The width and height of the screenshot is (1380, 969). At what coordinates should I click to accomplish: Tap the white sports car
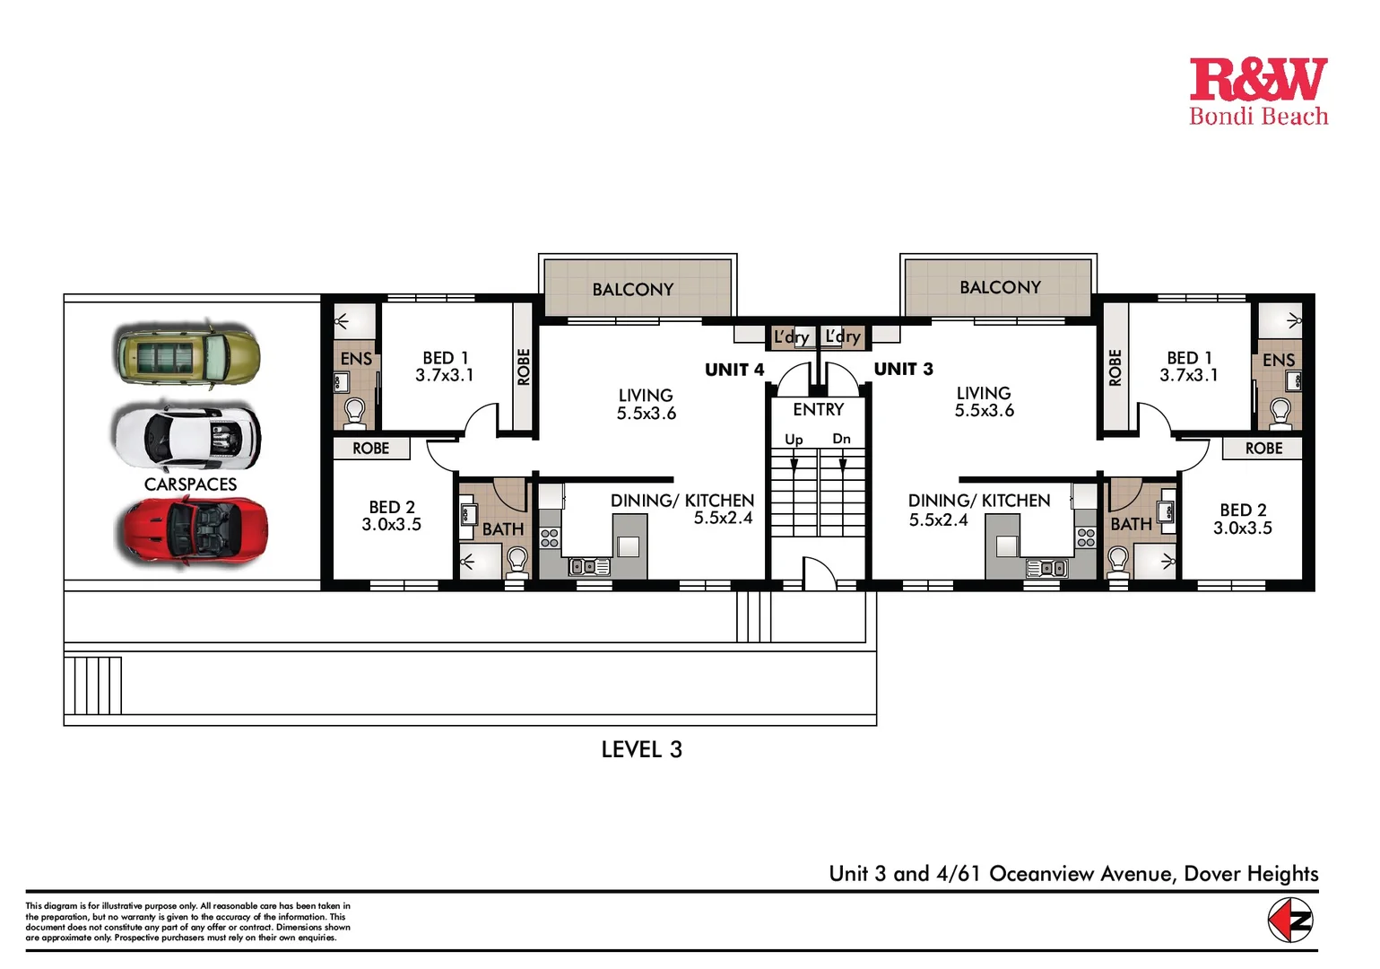187,437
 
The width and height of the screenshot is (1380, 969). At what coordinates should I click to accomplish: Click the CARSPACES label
190,484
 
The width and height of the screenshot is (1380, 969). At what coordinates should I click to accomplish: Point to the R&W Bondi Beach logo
1257,92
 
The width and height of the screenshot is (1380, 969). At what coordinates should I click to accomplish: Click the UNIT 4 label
734,370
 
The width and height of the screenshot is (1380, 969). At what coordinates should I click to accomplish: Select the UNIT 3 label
903,369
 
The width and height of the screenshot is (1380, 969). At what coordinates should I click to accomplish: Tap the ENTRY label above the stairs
818,409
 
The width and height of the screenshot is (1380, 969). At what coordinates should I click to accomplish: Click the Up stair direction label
794,440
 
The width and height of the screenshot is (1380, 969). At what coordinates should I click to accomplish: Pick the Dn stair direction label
841,439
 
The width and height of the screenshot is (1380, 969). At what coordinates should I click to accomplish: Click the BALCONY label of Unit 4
632,290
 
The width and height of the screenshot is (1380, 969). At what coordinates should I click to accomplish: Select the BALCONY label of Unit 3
1000,287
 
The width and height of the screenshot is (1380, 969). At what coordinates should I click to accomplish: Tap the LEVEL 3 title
641,749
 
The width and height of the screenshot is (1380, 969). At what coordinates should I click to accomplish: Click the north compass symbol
1290,921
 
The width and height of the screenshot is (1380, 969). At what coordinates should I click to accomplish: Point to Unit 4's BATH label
503,529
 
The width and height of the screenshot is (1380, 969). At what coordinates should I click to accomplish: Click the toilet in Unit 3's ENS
1280,414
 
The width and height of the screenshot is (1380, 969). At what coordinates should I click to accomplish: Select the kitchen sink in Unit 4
589,566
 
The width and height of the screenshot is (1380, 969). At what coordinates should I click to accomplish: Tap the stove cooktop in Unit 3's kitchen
1086,537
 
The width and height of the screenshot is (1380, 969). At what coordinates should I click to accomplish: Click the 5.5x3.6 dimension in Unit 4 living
646,414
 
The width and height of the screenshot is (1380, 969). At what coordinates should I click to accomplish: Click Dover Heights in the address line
1251,874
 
